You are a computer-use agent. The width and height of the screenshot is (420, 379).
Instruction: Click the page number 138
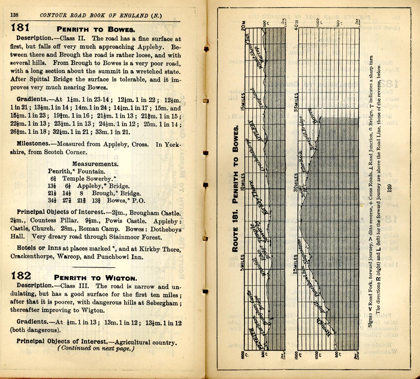coord(14,15)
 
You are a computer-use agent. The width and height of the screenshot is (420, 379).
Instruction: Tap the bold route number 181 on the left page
coord(20,28)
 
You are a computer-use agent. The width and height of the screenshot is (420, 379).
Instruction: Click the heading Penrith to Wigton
coord(96,278)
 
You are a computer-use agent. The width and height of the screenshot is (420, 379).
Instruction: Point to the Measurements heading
coord(95,164)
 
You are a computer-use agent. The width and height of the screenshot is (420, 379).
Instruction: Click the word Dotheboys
coord(166,229)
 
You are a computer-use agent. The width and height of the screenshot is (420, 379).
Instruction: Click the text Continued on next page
coord(96,348)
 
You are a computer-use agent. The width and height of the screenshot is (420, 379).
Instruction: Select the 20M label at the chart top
coord(243,25)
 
